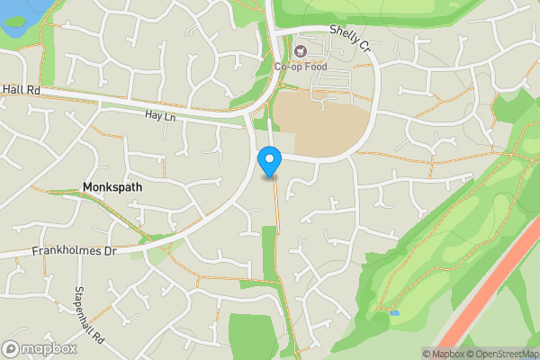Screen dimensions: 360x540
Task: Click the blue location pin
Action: point(269,162)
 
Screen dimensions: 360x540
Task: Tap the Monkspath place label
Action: point(112,187)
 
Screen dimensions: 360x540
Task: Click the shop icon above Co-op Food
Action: point(300,51)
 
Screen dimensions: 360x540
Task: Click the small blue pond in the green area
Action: point(394,313)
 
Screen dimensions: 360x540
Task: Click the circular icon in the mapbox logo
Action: point(12,348)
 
